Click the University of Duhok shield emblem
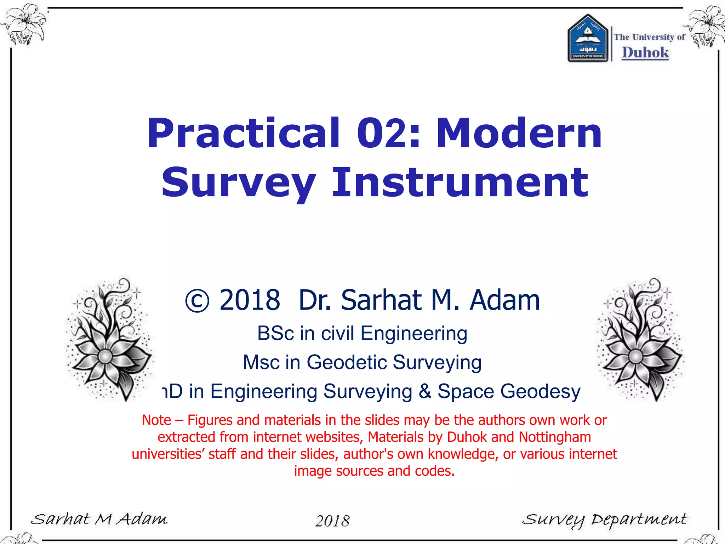point(588,39)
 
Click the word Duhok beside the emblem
point(645,53)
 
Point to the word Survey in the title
point(238,182)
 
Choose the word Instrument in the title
point(460,182)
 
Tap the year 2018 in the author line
point(250,300)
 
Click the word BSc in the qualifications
point(275,334)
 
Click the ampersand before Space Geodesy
point(424,391)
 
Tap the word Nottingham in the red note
point(555,437)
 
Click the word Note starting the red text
point(156,420)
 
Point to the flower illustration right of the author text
point(640,340)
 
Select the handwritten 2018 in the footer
point(332,521)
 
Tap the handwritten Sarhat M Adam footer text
point(99,519)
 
